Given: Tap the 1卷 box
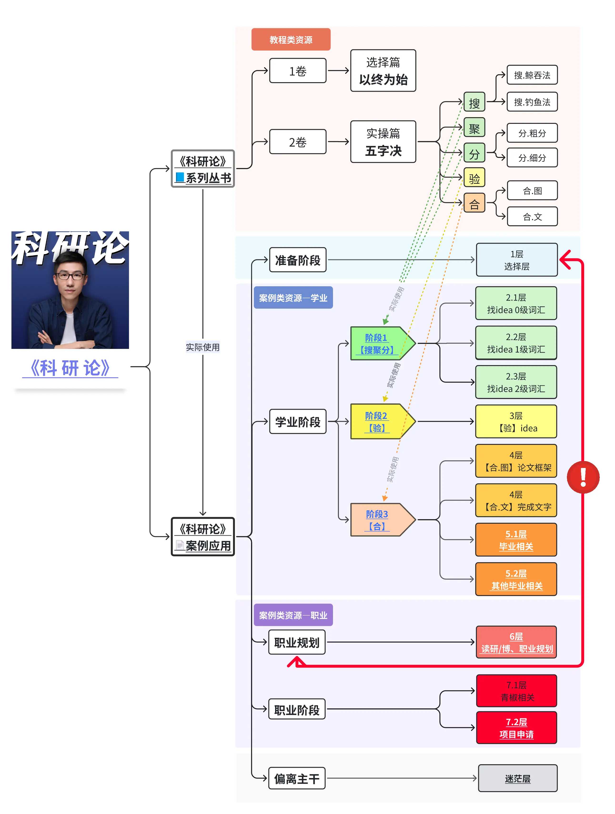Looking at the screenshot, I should coord(297,71).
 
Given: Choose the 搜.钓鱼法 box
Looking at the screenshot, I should coord(532,102).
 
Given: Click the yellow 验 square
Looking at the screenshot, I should coord(474,178).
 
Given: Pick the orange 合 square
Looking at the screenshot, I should coord(474,203).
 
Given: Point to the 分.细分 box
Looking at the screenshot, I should coord(532,158).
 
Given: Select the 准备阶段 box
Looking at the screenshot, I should coord(297,260).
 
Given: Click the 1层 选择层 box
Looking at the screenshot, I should coord(516,260).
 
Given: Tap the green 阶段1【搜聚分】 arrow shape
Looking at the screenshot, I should coord(379,343).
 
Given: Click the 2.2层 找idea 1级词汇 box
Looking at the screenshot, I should coord(516,343).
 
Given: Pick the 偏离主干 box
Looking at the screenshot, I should coord(297,778).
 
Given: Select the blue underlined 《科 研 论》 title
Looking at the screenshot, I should coord(70,368).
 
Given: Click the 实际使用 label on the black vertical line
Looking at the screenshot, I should coord(202,347).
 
